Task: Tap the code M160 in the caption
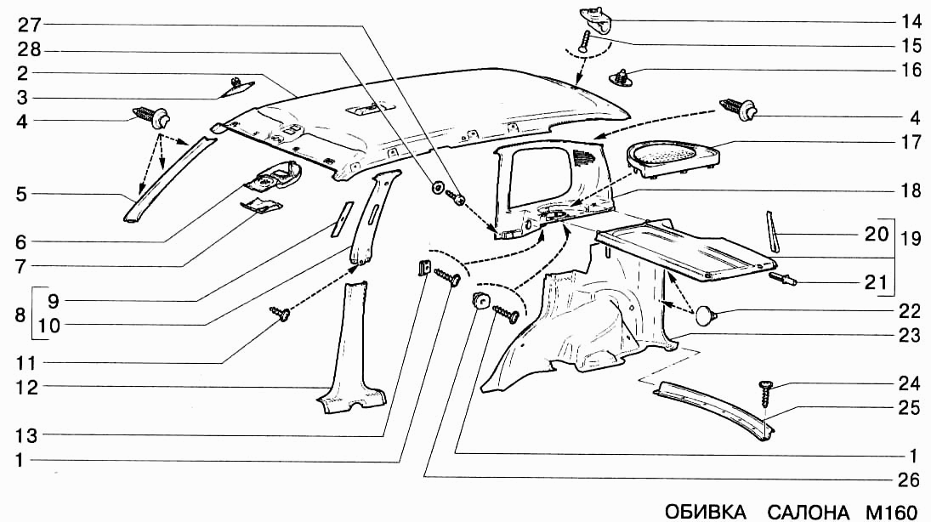click(x=891, y=512)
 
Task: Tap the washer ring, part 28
click(x=436, y=187)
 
